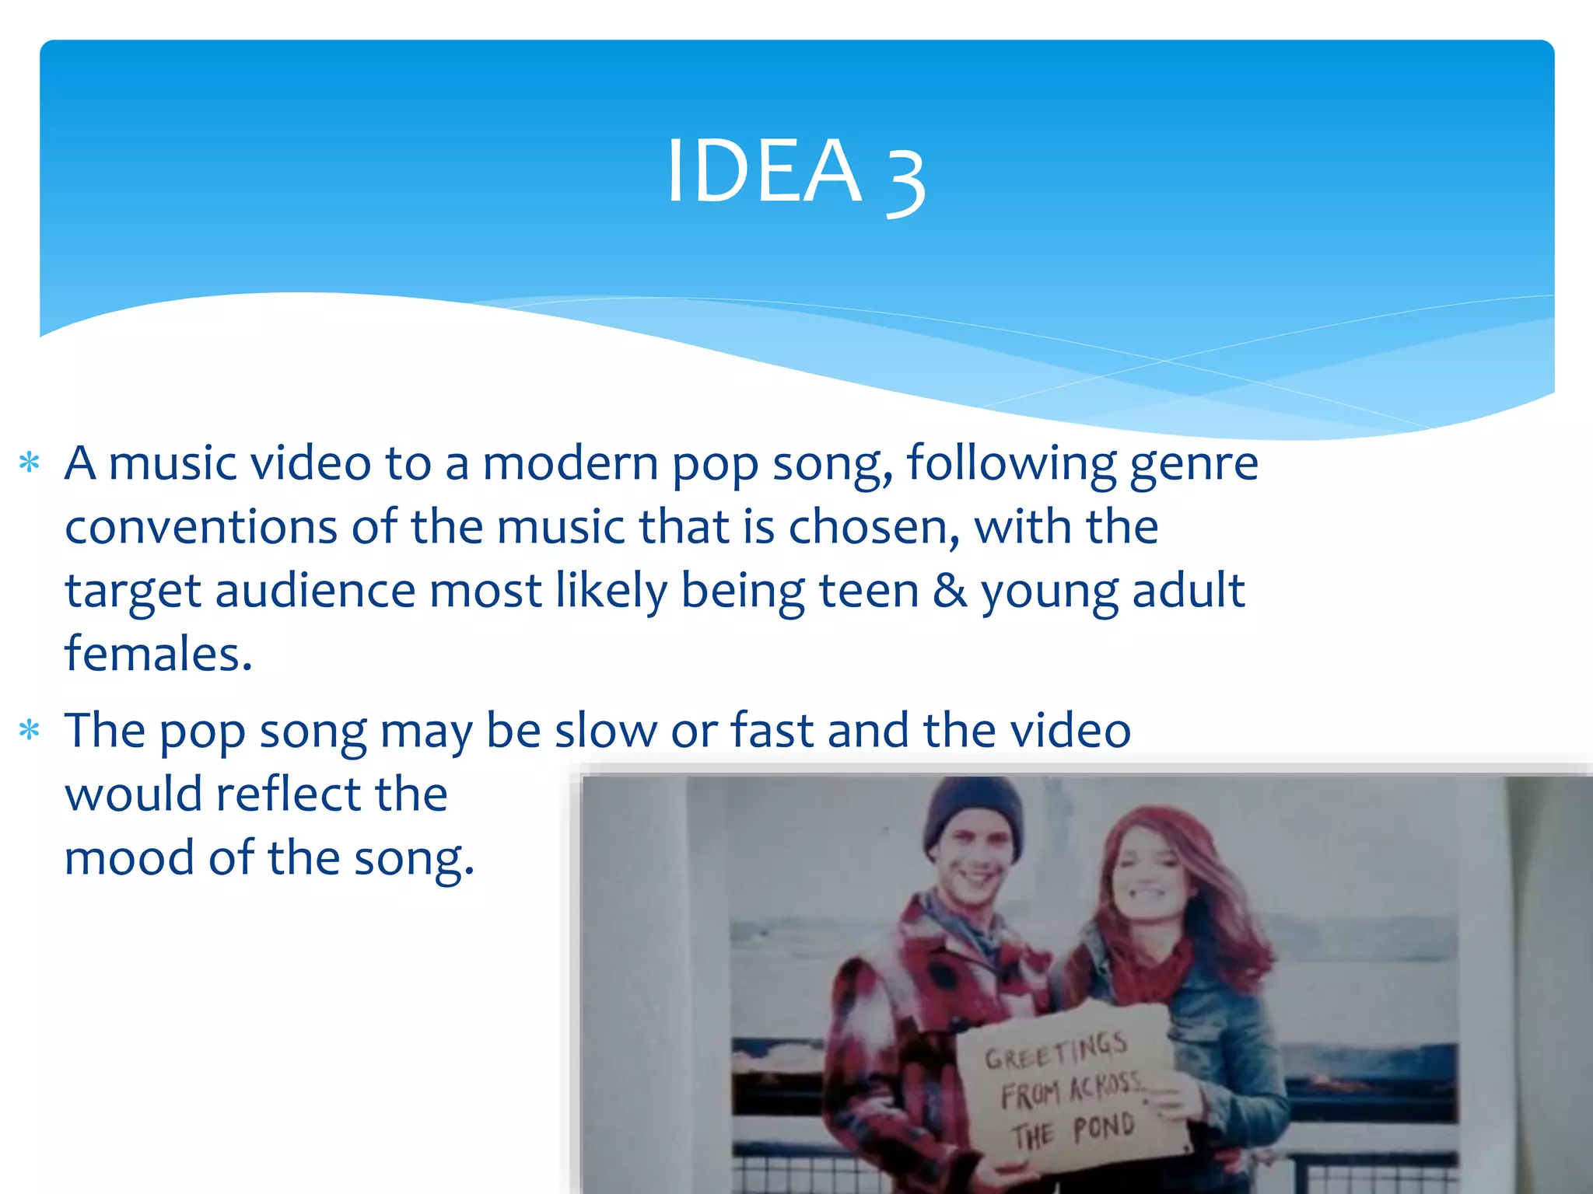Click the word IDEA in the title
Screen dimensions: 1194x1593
tap(764, 171)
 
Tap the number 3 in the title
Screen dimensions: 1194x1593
tap(905, 180)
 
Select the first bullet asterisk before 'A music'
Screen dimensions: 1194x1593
tap(30, 463)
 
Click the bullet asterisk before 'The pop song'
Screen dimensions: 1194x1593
tap(30, 731)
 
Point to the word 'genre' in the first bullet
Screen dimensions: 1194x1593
tap(1193, 465)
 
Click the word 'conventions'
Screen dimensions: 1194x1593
tap(201, 527)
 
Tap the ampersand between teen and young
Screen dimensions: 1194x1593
tap(950, 591)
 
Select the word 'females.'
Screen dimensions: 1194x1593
tap(159, 655)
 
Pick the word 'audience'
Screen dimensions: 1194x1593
tap(315, 591)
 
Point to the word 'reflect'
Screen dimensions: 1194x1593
tap(289, 794)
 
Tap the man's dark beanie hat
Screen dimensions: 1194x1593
tap(972, 812)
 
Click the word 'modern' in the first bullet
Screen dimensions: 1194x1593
tap(570, 464)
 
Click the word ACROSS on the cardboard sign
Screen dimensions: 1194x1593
tap(1105, 1088)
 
